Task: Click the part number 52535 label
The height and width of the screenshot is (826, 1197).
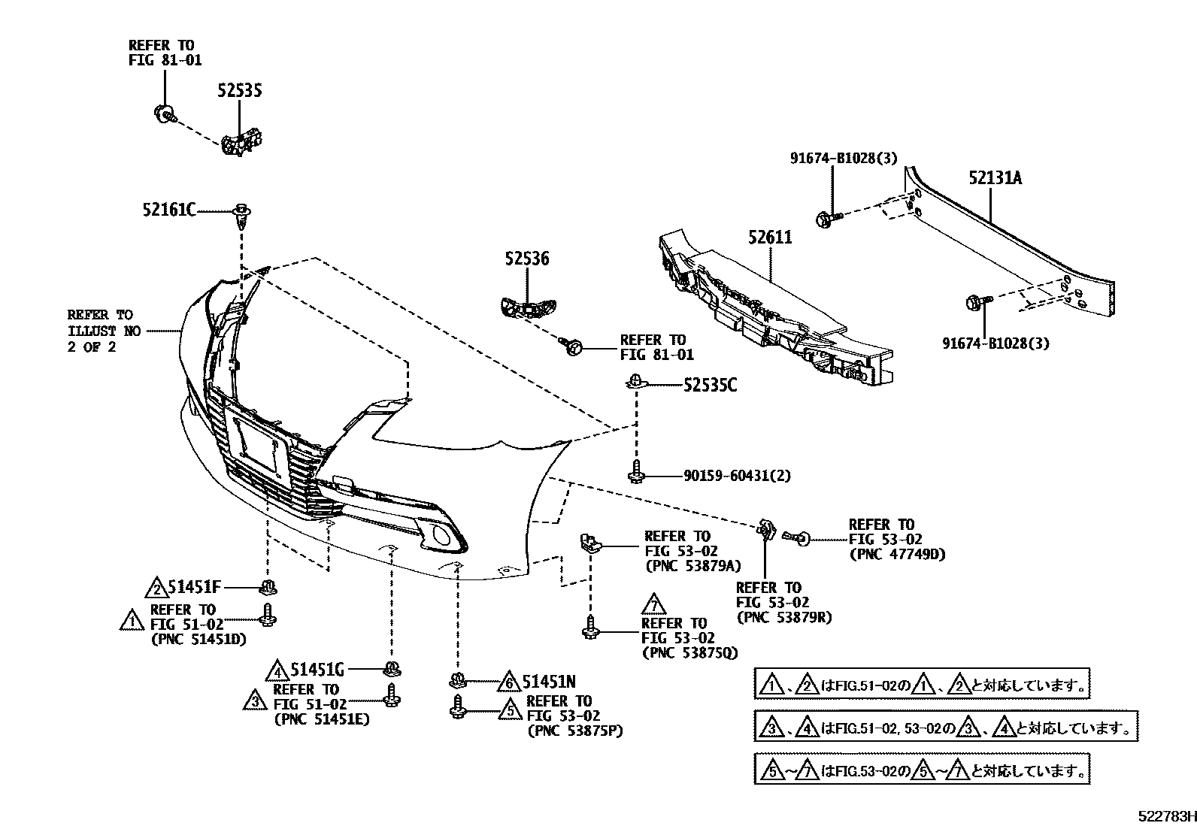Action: click(240, 91)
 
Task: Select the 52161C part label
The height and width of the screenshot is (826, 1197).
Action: click(168, 210)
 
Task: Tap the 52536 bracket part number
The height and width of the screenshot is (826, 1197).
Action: click(526, 259)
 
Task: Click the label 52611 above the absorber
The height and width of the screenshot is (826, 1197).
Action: click(770, 238)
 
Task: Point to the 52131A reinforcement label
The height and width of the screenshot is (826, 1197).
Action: click(995, 178)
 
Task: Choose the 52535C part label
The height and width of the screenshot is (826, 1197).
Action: click(710, 386)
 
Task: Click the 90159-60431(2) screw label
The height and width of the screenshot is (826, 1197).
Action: click(737, 476)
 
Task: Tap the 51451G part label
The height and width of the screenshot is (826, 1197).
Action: click(317, 669)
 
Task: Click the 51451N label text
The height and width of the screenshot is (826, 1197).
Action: click(549, 682)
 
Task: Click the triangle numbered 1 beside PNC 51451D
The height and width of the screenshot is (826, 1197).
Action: click(131, 621)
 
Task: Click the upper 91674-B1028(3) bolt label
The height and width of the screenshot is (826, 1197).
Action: click(843, 158)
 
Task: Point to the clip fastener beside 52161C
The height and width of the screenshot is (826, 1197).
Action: click(242, 214)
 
